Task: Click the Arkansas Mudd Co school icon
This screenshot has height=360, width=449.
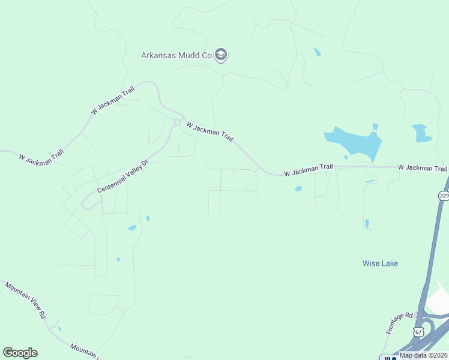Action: (221, 55)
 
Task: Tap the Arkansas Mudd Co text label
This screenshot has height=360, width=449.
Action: (177, 55)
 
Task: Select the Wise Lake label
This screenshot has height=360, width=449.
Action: (380, 263)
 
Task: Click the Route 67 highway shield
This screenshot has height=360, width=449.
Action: (419, 332)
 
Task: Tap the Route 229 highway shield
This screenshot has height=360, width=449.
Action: (444, 196)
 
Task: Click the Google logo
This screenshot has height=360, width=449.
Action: (20, 353)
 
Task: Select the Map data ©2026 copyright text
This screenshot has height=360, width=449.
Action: (423, 355)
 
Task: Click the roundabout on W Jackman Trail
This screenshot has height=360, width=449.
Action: (177, 122)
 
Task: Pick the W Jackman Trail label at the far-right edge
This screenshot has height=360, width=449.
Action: (423, 168)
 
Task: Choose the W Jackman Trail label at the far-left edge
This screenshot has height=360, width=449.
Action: (41, 157)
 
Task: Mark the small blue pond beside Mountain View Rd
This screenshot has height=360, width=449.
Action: (59, 329)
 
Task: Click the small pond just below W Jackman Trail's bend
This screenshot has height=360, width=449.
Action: (298, 189)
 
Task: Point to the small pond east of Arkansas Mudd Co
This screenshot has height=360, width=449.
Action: (317, 53)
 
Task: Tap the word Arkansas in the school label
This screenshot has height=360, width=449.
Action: (157, 55)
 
